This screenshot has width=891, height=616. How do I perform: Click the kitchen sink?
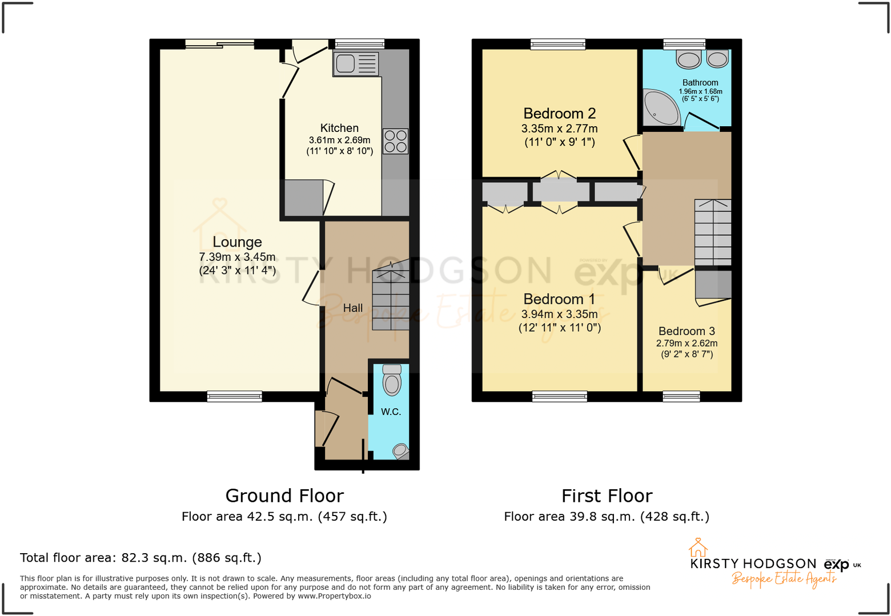click(x=355, y=64)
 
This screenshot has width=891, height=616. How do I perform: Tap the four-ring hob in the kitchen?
click(x=395, y=141)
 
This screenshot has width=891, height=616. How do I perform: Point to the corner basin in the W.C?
click(x=401, y=451)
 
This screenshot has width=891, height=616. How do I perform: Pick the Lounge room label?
click(x=237, y=242)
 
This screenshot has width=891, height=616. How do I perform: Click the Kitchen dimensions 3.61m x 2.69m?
click(x=339, y=140)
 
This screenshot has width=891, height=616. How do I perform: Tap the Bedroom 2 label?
click(x=559, y=114)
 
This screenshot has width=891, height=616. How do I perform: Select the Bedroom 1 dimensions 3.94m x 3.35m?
click(x=559, y=314)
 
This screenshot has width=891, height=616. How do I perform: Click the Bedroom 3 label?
click(x=687, y=331)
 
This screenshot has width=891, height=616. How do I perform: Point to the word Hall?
click(x=352, y=308)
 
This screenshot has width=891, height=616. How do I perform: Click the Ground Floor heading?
click(x=284, y=496)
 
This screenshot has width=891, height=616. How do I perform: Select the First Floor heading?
click(x=607, y=496)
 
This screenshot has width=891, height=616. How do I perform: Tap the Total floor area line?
click(x=141, y=558)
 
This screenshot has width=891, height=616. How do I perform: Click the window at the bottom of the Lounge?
click(x=234, y=396)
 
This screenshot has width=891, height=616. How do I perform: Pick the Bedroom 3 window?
click(x=681, y=396)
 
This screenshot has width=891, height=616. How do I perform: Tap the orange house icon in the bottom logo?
click(x=697, y=547)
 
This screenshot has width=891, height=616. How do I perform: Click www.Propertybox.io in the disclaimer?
click(x=334, y=596)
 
